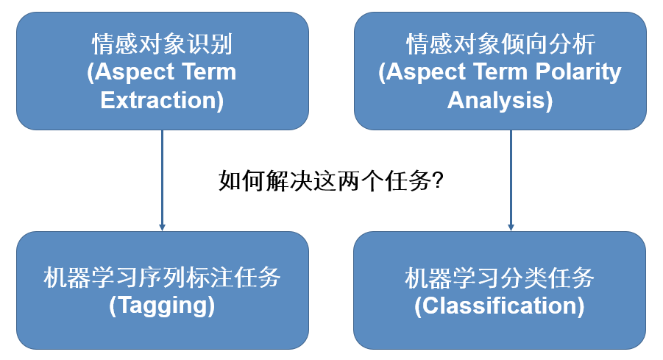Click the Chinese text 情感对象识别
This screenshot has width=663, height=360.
coord(162,45)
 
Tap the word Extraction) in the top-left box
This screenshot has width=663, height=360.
coord(162,99)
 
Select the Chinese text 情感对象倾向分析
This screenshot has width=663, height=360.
coord(500,45)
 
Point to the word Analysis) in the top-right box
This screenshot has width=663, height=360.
coord(500,99)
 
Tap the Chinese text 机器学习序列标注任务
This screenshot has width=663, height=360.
coord(162,278)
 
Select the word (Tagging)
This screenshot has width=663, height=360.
coord(162,305)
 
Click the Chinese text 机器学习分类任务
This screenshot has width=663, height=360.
coord(500,278)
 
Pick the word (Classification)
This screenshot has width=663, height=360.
coord(500,305)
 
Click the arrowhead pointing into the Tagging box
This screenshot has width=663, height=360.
coord(162,226)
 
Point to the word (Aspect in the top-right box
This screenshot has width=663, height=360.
coord(422,72)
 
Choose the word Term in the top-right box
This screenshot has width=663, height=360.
coord(498,72)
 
